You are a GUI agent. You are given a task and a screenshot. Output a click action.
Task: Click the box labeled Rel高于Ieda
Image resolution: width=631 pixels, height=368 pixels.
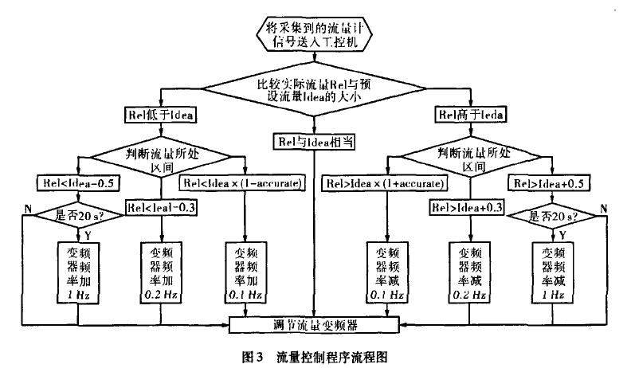(x=471, y=114)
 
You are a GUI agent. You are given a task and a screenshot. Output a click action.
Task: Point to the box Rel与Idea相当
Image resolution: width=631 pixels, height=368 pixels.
(x=316, y=141)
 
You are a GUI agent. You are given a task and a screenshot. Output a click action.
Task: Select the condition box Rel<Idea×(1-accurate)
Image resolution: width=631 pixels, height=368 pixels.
(x=243, y=184)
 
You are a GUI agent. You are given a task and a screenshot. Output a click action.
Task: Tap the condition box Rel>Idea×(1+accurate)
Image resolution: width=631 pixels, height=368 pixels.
(x=385, y=184)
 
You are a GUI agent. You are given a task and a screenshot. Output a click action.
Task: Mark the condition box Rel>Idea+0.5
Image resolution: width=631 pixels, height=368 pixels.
(x=553, y=184)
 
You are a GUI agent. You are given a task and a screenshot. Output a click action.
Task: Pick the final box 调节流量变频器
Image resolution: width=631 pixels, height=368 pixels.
(x=315, y=325)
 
